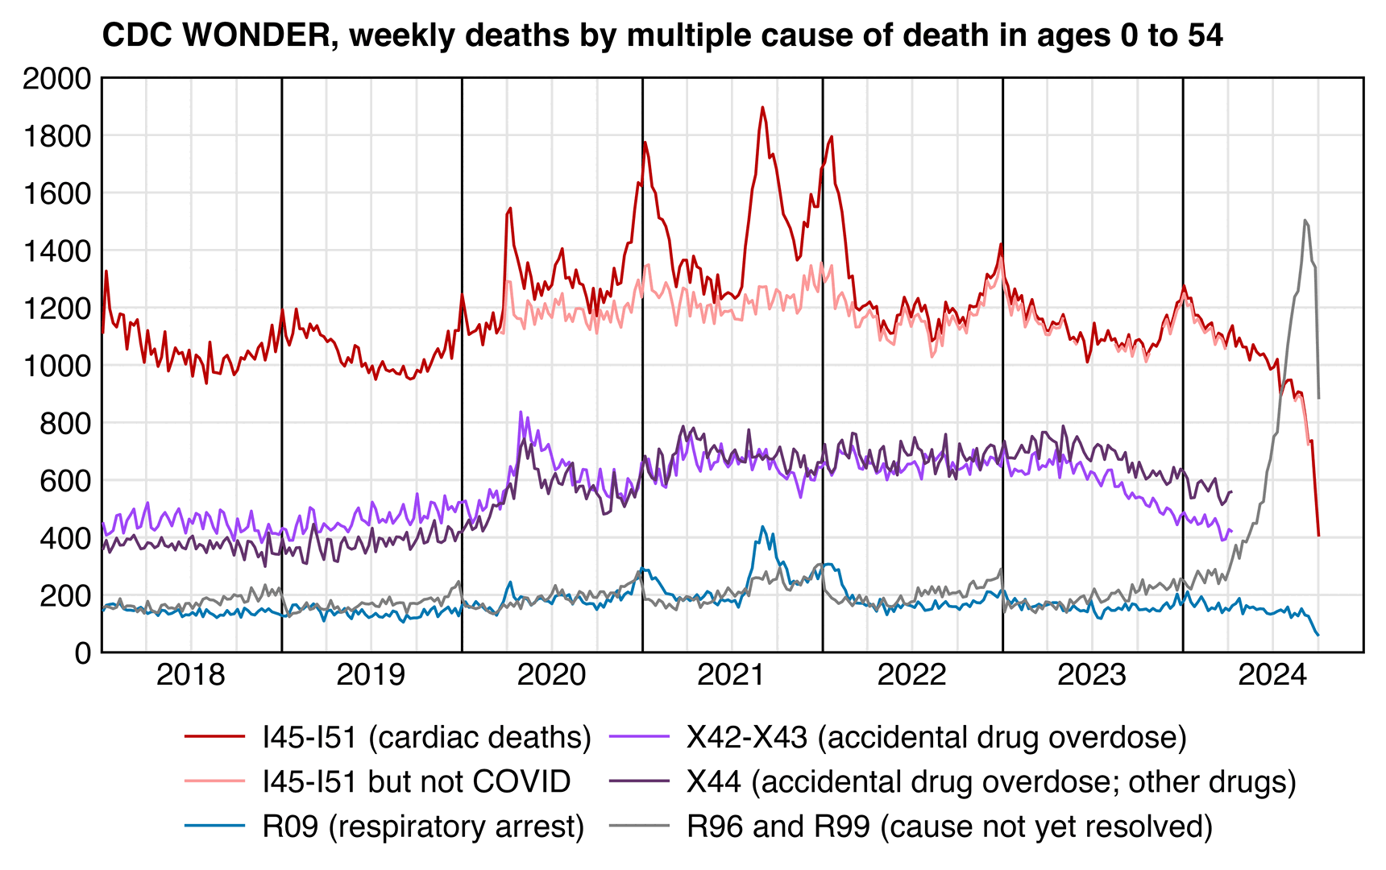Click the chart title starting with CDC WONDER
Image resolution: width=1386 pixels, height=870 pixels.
click(x=662, y=35)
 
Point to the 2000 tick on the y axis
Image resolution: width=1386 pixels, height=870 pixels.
click(x=57, y=79)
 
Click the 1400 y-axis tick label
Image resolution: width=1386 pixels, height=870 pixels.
click(x=57, y=251)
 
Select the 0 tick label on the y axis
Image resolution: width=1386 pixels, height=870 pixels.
click(x=83, y=652)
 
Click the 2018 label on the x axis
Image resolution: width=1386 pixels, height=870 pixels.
click(x=191, y=675)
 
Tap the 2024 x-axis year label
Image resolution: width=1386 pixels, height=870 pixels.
click(x=1272, y=675)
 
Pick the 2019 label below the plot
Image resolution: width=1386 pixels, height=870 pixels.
click(x=371, y=675)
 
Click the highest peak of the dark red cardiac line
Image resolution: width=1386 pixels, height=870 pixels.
click(x=762, y=107)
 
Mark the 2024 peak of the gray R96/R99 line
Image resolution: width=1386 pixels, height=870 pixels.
click(x=1305, y=220)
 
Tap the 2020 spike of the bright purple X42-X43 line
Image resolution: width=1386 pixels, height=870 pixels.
click(x=521, y=412)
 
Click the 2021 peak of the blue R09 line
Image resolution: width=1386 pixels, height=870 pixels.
click(x=762, y=527)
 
